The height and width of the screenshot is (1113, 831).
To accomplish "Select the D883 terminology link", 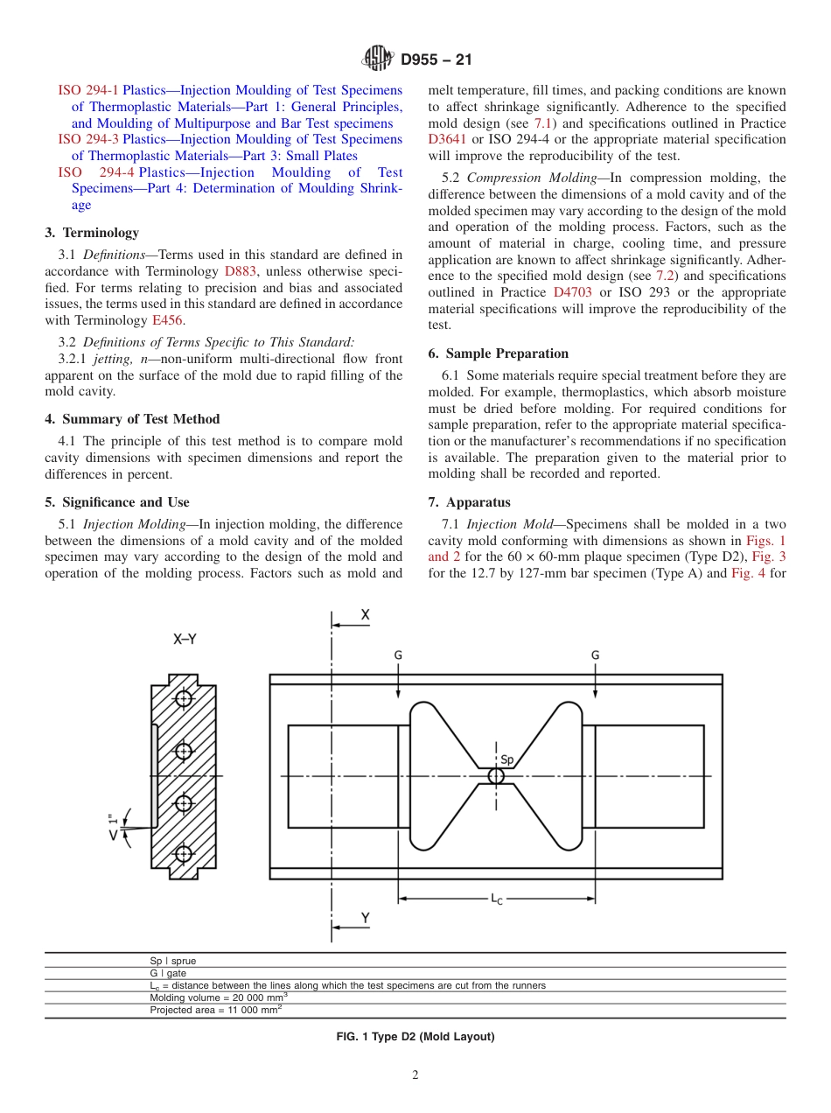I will pyautogui.click(x=240, y=271).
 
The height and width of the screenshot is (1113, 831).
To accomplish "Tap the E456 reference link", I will pyautogui.click(x=168, y=320).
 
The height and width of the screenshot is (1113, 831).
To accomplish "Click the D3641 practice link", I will pyautogui.click(x=444, y=140).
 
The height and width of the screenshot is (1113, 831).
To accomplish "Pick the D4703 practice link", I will pyautogui.click(x=572, y=292).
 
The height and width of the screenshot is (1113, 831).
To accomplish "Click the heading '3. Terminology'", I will pyautogui.click(x=92, y=233).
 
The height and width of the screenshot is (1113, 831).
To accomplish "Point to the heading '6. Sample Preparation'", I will pyautogui.click(x=498, y=353).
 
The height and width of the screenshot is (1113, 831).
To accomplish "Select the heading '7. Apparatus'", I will pyautogui.click(x=469, y=502).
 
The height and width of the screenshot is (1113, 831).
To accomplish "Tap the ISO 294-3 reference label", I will pyautogui.click(x=88, y=140).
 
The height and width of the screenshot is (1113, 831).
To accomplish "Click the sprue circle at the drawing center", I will pyautogui.click(x=496, y=776).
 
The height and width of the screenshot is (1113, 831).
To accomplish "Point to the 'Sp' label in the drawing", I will pyautogui.click(x=506, y=759).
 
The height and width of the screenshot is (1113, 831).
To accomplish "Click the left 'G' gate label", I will pyautogui.click(x=399, y=654).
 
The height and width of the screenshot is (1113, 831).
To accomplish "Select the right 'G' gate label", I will pyautogui.click(x=595, y=654).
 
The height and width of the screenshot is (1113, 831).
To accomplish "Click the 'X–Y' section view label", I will pyautogui.click(x=185, y=640).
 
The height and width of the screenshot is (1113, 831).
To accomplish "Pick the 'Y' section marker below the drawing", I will pyautogui.click(x=366, y=918).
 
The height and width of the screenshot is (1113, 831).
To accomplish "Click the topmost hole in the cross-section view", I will pyautogui.click(x=183, y=698).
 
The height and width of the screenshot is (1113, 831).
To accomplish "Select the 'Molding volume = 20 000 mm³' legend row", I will pyautogui.click(x=219, y=997).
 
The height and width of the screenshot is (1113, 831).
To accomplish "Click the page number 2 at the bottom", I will pyautogui.click(x=415, y=1075).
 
